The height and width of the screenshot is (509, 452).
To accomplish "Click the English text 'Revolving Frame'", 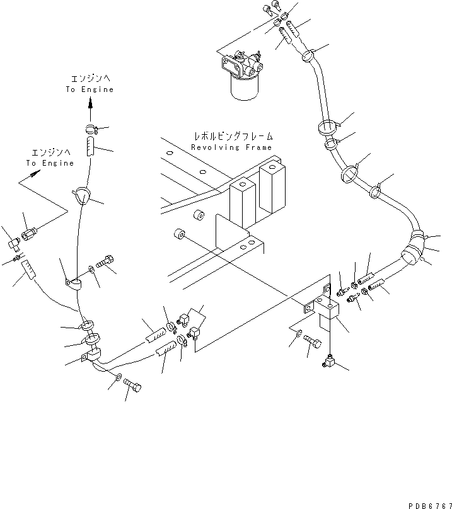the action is pyautogui.click(x=231, y=147).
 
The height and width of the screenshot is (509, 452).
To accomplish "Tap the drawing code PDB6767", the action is pyautogui.click(x=430, y=505).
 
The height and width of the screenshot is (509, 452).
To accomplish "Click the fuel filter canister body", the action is pyautogui.click(x=245, y=88).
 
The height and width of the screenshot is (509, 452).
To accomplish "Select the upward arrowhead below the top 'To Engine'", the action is pyautogui.click(x=90, y=104).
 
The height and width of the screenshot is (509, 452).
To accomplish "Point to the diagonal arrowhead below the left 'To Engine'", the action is pyautogui.click(x=35, y=174).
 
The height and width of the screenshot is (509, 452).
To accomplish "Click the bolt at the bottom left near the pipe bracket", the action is pyautogui.click(x=132, y=385).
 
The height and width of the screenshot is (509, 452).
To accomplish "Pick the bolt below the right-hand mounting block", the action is pyautogui.click(x=313, y=342).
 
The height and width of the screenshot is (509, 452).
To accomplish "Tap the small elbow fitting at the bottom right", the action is pyautogui.click(x=328, y=362).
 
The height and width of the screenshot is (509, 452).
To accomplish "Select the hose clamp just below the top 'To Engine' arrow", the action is pyautogui.click(x=91, y=130).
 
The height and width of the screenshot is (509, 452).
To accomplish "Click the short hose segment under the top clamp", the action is pyautogui.click(x=90, y=146).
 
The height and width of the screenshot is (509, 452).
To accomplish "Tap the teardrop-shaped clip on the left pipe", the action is pyautogui.click(x=81, y=195).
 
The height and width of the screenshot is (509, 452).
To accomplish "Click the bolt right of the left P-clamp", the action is pyautogui.click(x=105, y=261).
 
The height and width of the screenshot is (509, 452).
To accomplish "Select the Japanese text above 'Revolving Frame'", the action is pyautogui.click(x=233, y=136).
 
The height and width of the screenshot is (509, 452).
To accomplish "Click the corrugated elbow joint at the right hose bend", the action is pyautogui.click(x=413, y=248).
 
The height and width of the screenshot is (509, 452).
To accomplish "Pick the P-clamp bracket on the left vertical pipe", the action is pyautogui.click(x=73, y=283).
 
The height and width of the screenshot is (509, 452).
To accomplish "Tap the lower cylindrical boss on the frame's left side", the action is pyautogui.click(x=180, y=234).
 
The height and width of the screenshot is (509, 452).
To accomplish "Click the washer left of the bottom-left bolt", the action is pyautogui.click(x=119, y=377).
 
